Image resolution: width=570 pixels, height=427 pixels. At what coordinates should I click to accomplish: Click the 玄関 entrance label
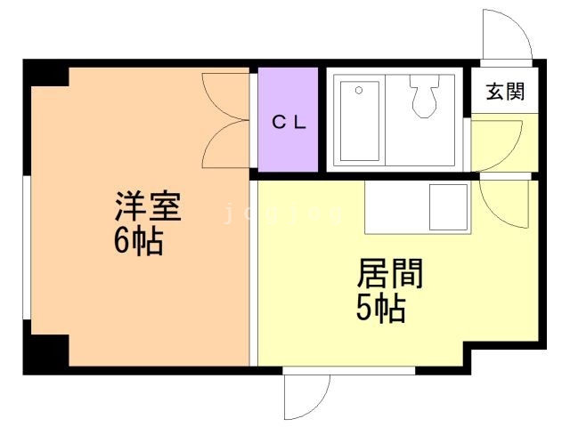pos(504,91)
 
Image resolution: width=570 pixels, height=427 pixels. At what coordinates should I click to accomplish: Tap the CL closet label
pos(288,123)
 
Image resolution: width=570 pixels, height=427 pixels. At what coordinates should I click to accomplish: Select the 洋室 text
pos(147,207)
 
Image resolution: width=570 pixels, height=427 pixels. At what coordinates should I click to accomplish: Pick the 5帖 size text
pos(381,308)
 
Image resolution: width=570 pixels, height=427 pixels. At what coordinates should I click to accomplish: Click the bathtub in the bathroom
pos(359,121)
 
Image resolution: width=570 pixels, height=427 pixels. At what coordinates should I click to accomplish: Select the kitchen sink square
pos(448,205)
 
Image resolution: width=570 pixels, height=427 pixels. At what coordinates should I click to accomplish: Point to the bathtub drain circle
pos(358,90)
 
